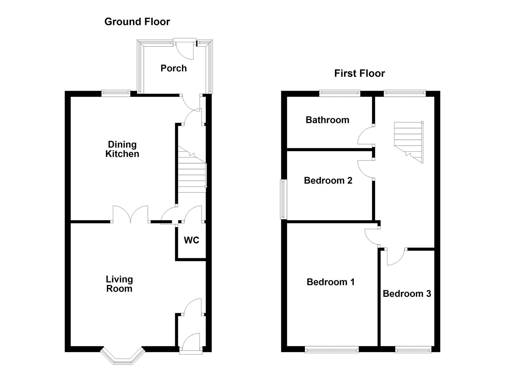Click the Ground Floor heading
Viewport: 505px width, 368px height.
click(x=137, y=22)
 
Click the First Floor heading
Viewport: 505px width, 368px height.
click(x=359, y=73)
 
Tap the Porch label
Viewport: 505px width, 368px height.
click(x=173, y=68)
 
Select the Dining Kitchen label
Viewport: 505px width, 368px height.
click(x=122, y=149)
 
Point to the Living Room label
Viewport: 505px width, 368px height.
click(x=119, y=284)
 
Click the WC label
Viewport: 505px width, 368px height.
click(x=191, y=240)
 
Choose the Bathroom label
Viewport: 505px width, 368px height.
click(x=327, y=120)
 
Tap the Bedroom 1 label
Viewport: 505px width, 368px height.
click(x=330, y=282)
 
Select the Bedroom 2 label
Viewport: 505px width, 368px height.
click(x=328, y=180)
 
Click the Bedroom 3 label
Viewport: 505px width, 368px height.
click(x=407, y=293)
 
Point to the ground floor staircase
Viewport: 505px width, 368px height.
click(x=191, y=170)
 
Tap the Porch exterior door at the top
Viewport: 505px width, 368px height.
click(x=185, y=48)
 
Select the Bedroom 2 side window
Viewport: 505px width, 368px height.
click(x=283, y=199)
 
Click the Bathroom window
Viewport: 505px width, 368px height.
click(x=339, y=92)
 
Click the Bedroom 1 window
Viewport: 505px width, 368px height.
click(x=332, y=349)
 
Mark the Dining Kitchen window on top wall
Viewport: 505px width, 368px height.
click(x=116, y=92)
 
